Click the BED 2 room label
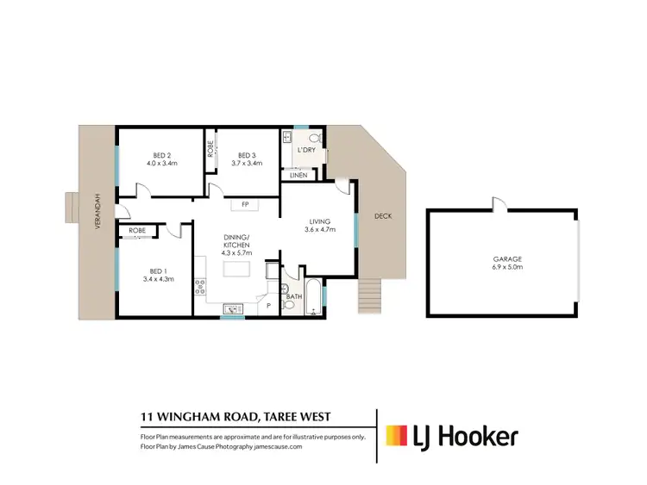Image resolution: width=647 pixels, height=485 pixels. click(x=160, y=155)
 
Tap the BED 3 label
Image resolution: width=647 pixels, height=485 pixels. click(x=247, y=155)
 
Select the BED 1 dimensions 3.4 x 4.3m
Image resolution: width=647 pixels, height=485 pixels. click(x=160, y=278)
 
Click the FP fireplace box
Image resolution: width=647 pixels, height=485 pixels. click(x=245, y=204)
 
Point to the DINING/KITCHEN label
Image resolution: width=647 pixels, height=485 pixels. click(x=236, y=240)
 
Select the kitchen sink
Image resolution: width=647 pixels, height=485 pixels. click(x=230, y=308)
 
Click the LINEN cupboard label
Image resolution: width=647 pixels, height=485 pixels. click(x=298, y=175)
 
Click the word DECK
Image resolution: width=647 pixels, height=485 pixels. click(x=382, y=216)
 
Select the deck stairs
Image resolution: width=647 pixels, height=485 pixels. click(x=369, y=298)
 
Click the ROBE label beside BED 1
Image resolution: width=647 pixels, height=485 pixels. click(x=137, y=231)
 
